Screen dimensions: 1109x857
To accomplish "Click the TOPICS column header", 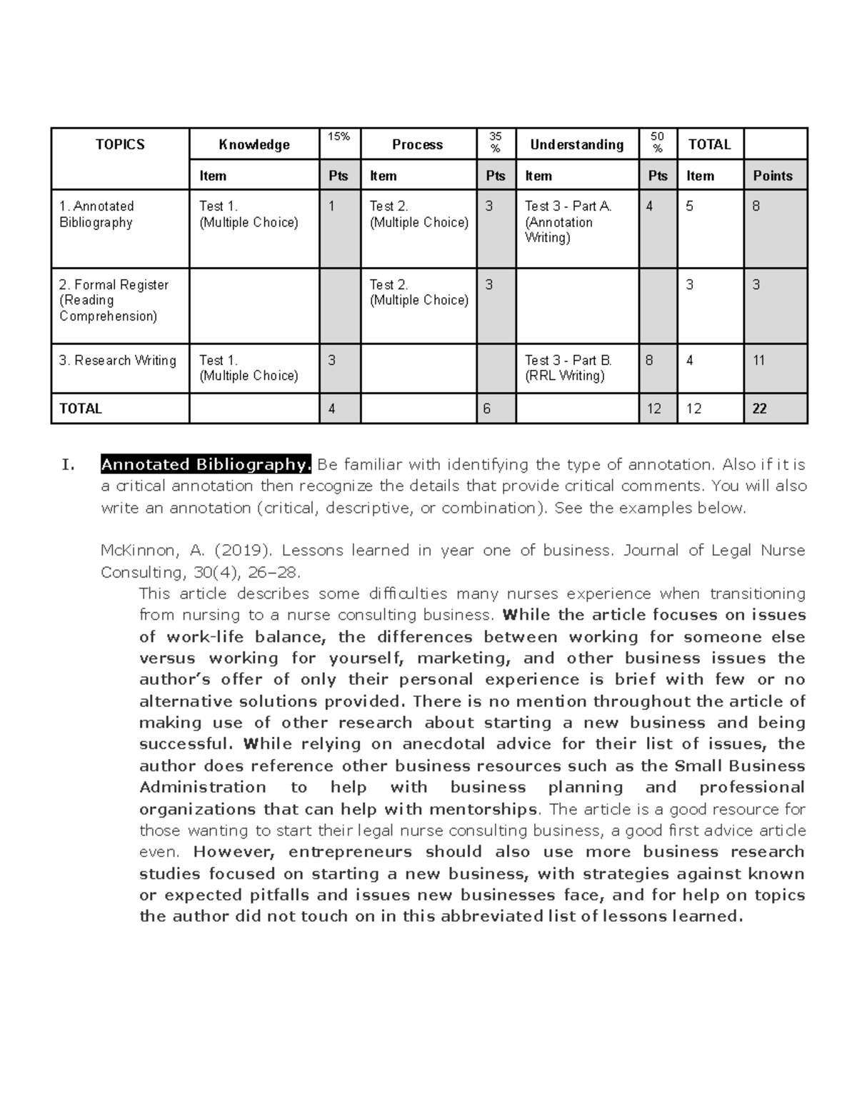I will [x=120, y=145].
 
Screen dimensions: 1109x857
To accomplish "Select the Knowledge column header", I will [x=254, y=145].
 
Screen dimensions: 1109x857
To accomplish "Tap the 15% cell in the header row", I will [x=339, y=136].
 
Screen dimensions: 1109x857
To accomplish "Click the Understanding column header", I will [x=576, y=145].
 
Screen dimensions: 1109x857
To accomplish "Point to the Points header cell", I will [x=773, y=176].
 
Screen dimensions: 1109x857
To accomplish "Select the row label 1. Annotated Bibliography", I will [x=96, y=214].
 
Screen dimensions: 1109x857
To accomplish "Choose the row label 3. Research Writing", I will [x=118, y=361].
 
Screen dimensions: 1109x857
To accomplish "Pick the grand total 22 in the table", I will [x=759, y=409].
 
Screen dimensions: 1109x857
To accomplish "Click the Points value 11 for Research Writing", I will [x=758, y=361].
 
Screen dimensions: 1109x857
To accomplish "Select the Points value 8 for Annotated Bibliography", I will [x=756, y=206].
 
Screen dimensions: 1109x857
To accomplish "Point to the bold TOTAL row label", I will [x=81, y=409].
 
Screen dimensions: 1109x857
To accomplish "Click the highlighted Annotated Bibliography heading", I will [x=206, y=465].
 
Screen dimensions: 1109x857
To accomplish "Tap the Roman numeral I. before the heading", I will [x=68, y=466].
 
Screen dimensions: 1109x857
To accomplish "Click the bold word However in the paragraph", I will [x=234, y=852].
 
